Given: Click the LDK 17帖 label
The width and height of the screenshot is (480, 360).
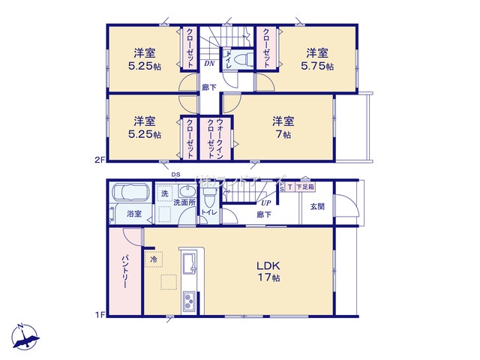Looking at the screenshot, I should tap(268, 272).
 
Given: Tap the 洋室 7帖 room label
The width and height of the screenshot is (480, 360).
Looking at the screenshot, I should tap(282, 127).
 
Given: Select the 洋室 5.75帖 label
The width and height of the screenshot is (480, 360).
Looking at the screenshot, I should tap(319, 58).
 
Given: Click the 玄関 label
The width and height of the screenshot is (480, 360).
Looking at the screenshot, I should tap(317, 207).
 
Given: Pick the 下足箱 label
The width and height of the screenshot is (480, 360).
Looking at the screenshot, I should tap(304, 187).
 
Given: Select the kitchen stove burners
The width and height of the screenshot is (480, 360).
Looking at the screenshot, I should tap(188, 302).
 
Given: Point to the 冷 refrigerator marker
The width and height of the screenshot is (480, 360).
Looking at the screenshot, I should tap(154, 259).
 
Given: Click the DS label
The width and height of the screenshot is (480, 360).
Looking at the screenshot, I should tap(175, 175).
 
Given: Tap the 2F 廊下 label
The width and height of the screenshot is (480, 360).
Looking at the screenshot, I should tap(209, 88).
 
